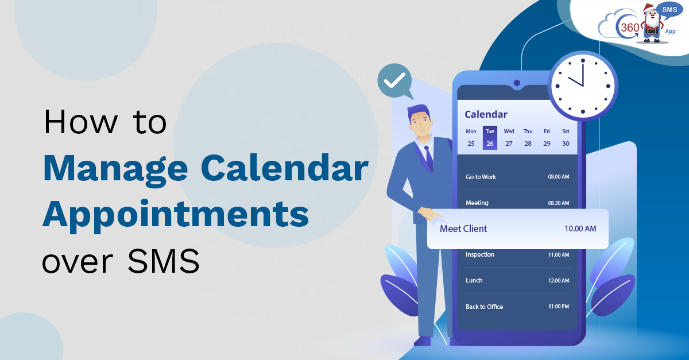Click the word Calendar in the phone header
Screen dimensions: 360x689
[x=486, y=114]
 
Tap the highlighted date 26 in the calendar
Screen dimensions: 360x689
[x=490, y=144]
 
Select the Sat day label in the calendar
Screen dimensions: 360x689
[x=566, y=131]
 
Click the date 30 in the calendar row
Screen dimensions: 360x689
[x=566, y=144]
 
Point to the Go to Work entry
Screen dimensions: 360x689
[x=481, y=177]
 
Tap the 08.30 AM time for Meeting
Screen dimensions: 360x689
[x=558, y=203]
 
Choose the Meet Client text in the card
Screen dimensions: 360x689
[x=463, y=229]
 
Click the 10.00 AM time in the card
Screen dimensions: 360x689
[x=580, y=229]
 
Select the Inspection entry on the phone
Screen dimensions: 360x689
[x=480, y=254]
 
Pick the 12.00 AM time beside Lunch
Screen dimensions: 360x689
[x=558, y=281]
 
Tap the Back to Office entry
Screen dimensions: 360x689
[x=484, y=307]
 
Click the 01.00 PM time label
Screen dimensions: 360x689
[x=558, y=307]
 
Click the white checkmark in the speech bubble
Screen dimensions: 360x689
[x=394, y=81]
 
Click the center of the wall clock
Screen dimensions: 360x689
[x=582, y=87]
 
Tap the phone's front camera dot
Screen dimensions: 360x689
[x=517, y=83]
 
